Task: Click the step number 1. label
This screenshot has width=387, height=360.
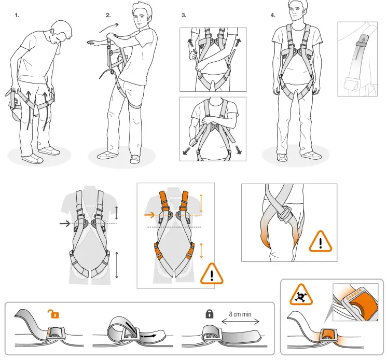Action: click(17, 15)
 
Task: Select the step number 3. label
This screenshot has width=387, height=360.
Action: click(184, 15)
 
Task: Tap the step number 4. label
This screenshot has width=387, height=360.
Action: click(273, 15)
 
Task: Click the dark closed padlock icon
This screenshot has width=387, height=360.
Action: click(210, 314)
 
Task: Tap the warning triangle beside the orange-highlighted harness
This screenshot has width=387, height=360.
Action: click(211, 273)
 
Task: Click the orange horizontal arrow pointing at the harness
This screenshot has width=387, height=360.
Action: click(149, 214)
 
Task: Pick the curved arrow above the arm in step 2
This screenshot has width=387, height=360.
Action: click(109, 26)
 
